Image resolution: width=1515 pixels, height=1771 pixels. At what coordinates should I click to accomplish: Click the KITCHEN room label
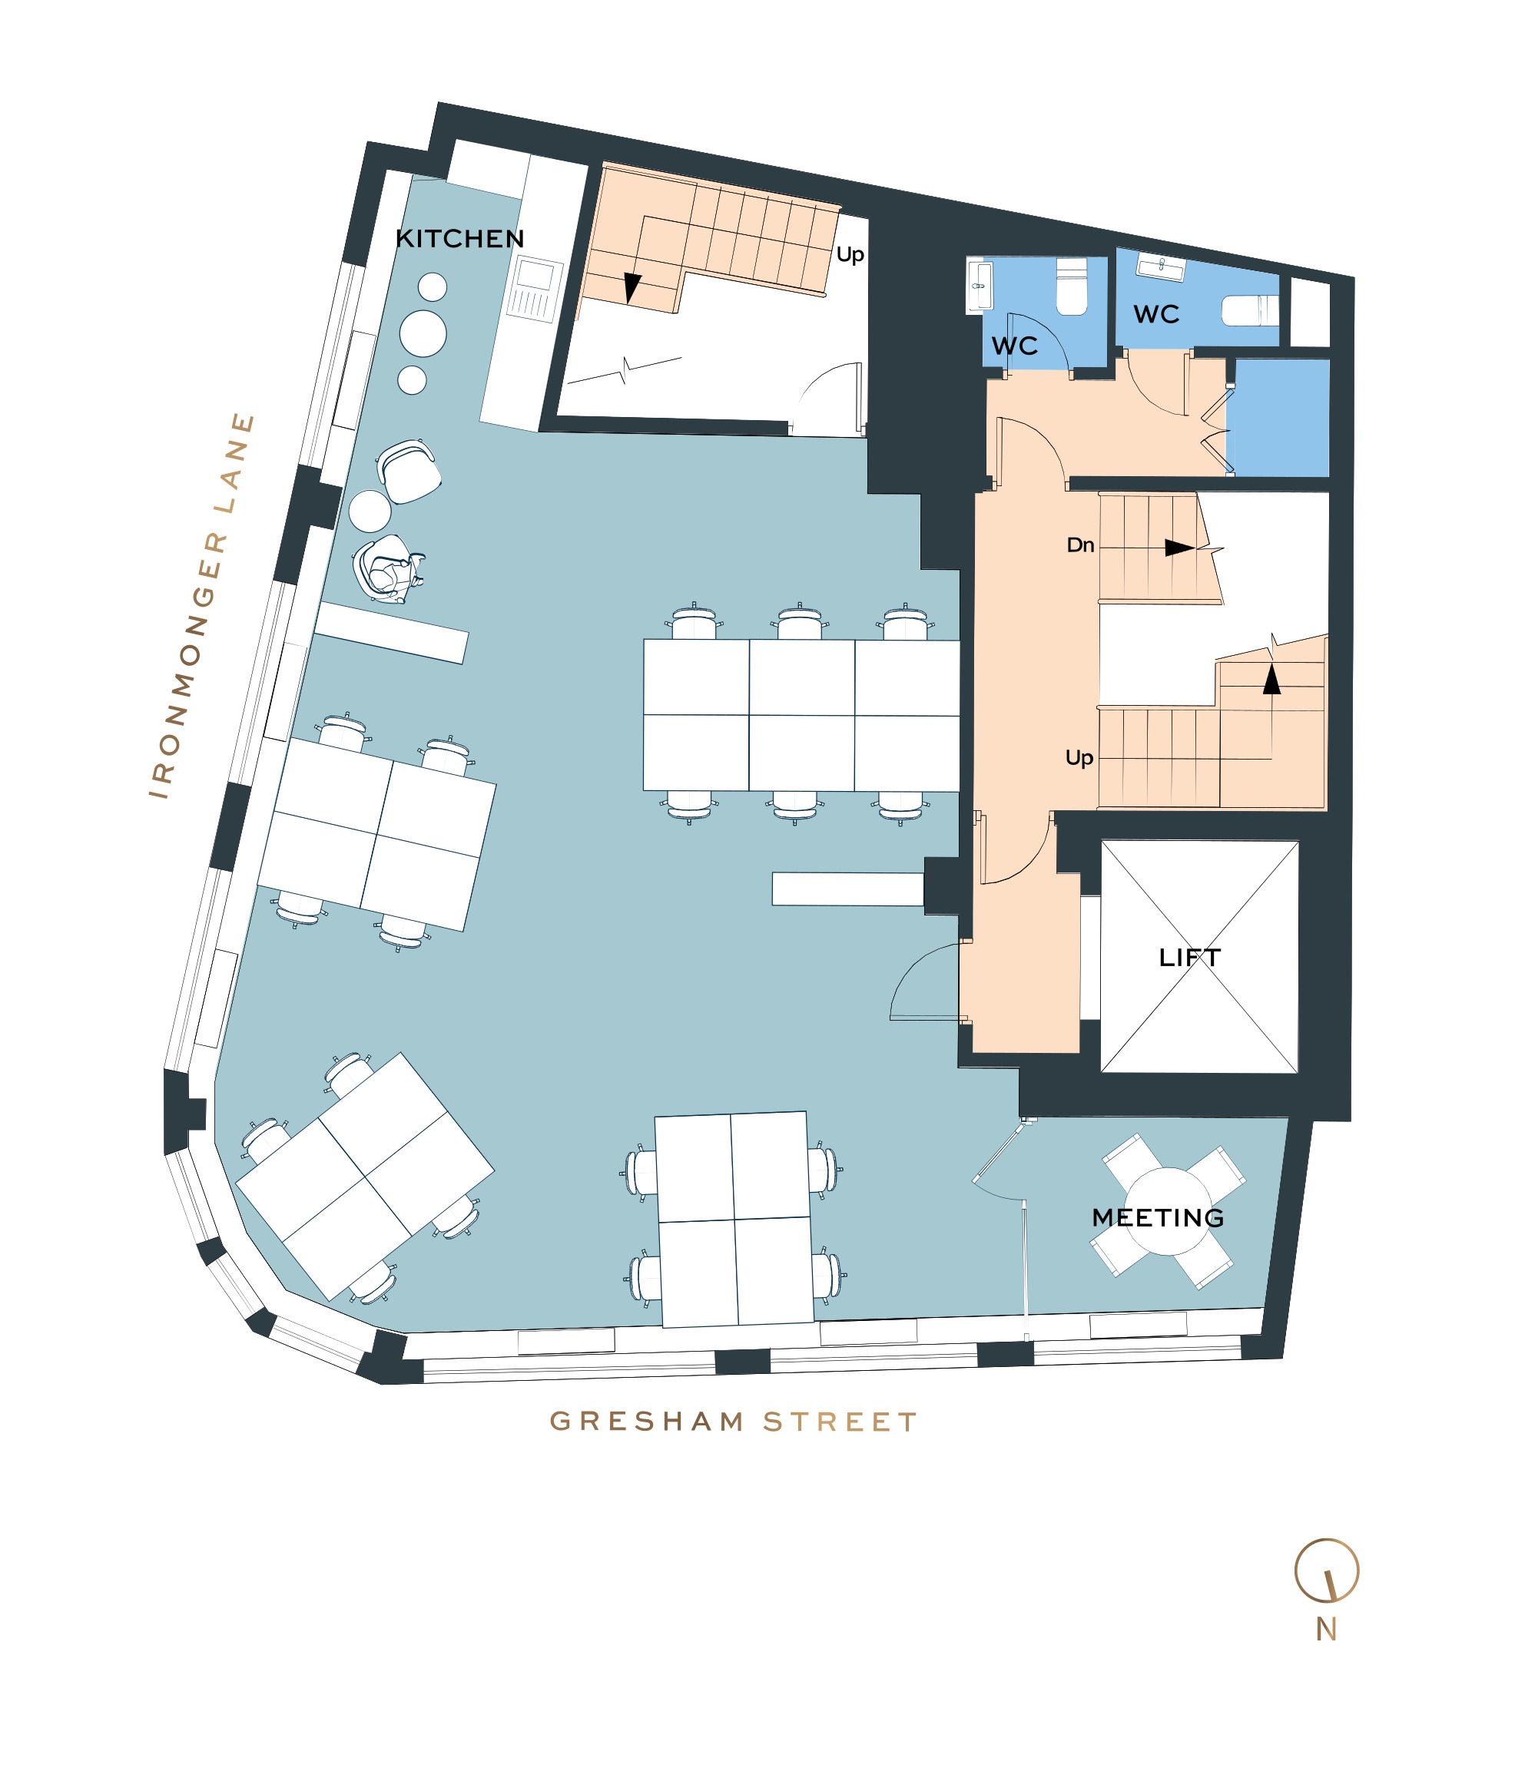459,239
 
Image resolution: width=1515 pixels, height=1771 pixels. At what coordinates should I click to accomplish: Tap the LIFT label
1189,957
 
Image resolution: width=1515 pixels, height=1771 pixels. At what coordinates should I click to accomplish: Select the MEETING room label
1158,1217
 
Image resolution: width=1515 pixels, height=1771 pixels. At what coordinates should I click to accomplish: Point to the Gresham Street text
733,1422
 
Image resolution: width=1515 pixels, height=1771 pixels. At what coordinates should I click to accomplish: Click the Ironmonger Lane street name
202,605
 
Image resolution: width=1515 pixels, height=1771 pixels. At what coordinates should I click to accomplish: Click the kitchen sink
535,290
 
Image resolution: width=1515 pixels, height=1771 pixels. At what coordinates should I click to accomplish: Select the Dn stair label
1081,545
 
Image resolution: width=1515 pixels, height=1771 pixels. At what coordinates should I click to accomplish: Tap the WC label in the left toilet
1014,346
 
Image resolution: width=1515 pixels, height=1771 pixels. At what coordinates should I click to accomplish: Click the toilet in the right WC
1250,310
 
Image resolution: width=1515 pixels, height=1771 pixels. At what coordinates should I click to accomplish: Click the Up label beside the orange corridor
1079,758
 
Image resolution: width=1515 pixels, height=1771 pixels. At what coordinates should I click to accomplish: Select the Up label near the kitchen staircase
850,255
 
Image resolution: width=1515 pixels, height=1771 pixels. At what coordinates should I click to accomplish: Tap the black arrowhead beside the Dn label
1180,548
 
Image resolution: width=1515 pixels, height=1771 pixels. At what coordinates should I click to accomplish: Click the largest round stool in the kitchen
423,333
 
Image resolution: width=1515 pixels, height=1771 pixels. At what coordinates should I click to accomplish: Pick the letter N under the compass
1326,1630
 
